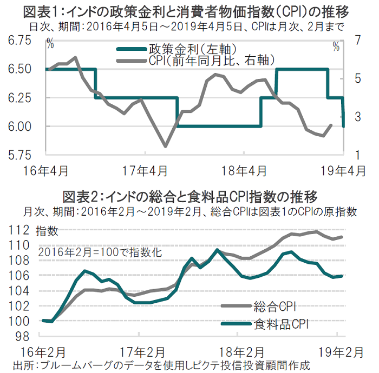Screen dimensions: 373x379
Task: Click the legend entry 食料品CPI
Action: [x=282, y=325]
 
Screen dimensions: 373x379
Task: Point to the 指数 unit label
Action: [x=47, y=231]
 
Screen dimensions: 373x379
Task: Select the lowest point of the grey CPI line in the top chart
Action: [x=165, y=146]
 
